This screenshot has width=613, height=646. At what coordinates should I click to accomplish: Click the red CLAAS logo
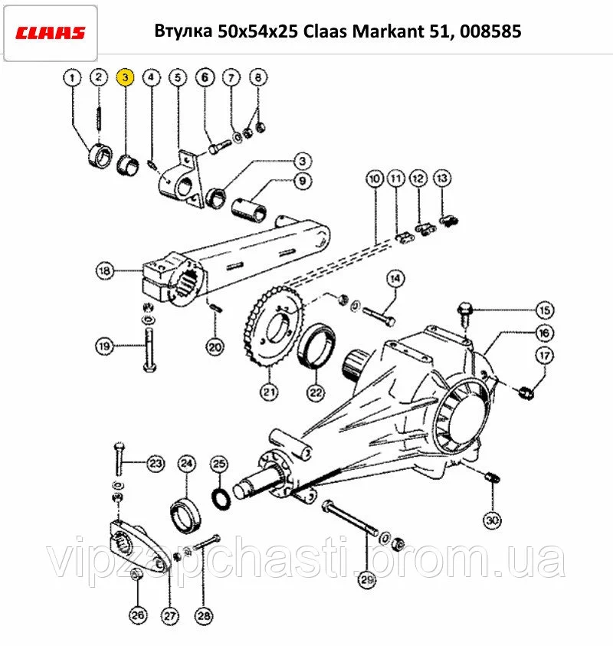coord(51,32)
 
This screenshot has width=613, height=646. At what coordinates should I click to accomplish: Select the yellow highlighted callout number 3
coord(125,77)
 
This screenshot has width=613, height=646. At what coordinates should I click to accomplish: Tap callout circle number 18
coord(105,271)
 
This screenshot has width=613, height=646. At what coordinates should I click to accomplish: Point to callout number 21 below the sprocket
coord(269,392)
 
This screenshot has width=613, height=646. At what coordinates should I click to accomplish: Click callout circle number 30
coord(492,520)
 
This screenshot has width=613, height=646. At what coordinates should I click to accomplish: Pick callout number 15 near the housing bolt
coord(545,310)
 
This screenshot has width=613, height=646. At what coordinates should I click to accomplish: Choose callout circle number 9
coord(303,181)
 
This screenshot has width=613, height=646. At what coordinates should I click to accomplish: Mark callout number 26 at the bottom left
coord(138,615)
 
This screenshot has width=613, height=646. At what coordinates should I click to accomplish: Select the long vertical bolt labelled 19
coord(149,349)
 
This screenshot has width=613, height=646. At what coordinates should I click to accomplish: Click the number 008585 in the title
coord(490,31)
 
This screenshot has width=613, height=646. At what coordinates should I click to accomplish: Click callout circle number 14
coord(395,278)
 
